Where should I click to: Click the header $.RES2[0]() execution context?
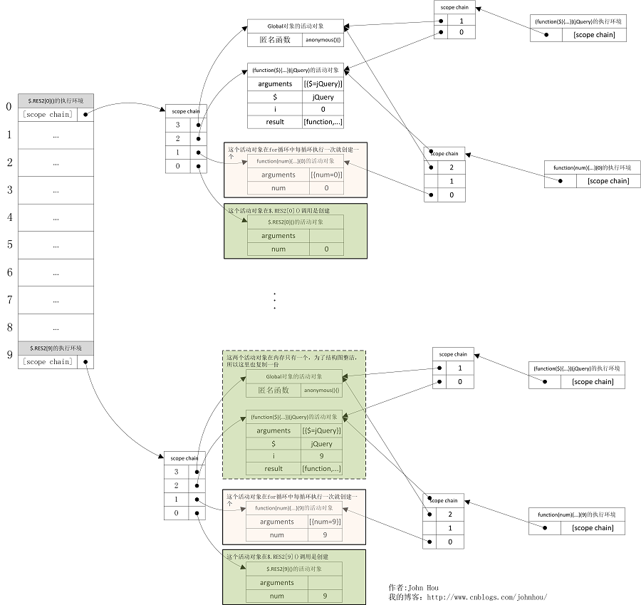56,100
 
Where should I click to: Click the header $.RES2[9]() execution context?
56,348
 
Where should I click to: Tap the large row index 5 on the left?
9,244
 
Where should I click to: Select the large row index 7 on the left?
9,300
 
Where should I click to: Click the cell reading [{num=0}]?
326,175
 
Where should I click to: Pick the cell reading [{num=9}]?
325,522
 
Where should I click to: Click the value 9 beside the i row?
322,456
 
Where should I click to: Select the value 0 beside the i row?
323,109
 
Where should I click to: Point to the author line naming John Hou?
413,588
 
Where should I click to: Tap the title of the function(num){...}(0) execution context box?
588,167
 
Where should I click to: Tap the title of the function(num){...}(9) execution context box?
576,514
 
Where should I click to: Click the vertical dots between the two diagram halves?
274,300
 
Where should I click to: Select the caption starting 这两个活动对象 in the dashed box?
293,361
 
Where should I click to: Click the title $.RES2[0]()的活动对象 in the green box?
294,222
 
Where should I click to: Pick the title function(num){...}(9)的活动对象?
293,508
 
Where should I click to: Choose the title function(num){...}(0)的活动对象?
294,161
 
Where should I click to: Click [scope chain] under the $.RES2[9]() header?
47,361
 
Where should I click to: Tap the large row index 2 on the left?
9,162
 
